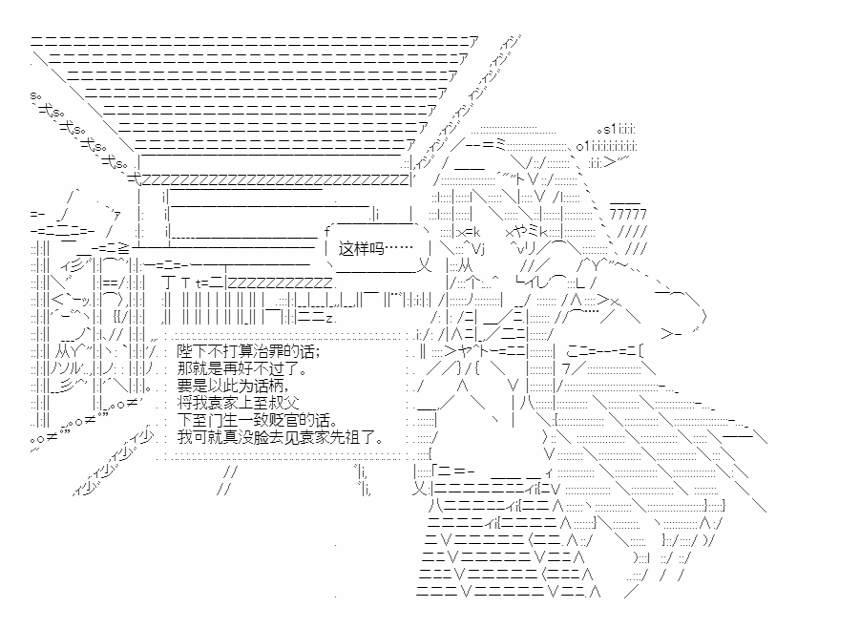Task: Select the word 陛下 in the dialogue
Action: point(191,351)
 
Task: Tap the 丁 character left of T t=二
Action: point(168,283)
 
